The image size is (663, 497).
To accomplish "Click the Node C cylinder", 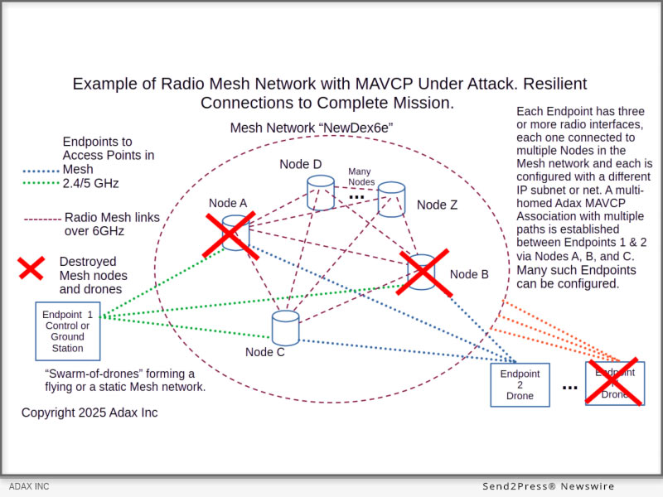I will coord(285,328).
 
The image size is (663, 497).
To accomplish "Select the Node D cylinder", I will coord(319,192).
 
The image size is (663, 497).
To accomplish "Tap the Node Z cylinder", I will coord(391,199).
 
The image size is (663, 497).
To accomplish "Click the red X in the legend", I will coord(31,268).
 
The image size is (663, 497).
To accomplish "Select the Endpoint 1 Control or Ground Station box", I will coord(68,331).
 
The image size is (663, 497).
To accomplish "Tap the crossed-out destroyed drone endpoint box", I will coord(614,382).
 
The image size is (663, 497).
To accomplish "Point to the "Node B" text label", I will coord(469,274).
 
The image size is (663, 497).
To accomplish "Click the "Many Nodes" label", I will coord(361,176).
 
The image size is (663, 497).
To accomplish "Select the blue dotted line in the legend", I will coord(40,171).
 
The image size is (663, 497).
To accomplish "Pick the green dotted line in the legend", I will coord(40,183).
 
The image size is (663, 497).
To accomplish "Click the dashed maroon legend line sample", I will coord(41,220).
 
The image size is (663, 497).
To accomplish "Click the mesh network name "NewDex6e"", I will coord(352,128).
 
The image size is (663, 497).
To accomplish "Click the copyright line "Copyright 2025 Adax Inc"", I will coord(90,413).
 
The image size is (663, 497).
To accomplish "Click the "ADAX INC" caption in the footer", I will coord(29,486).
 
